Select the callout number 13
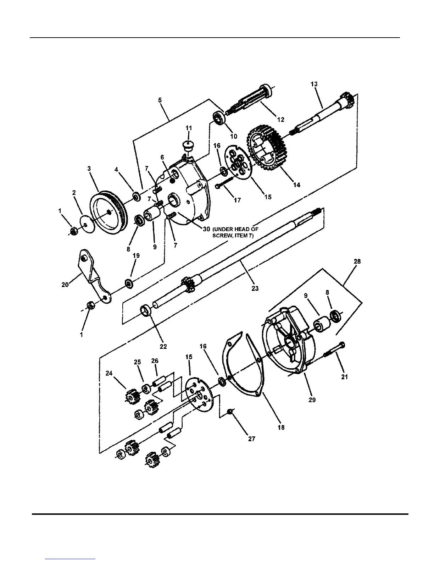[314, 84]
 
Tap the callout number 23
[255, 288]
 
